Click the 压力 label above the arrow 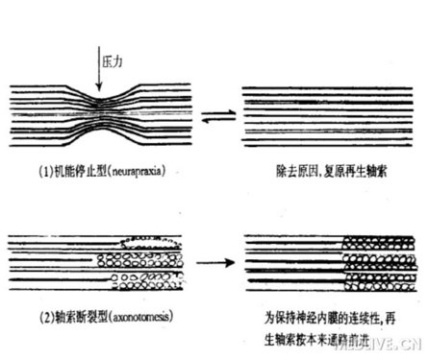tap(113, 59)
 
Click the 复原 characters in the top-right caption tap(319, 175)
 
